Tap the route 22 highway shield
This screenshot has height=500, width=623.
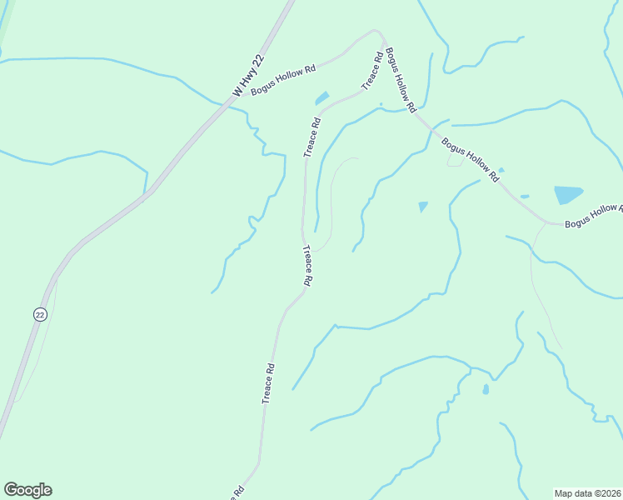(x=40, y=314)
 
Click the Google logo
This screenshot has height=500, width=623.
(x=27, y=490)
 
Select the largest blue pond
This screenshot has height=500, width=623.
(x=568, y=195)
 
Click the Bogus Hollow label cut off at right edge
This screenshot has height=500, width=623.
(x=592, y=215)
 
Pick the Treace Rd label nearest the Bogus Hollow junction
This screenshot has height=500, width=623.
(x=372, y=70)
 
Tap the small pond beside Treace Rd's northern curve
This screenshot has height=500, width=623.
(x=321, y=98)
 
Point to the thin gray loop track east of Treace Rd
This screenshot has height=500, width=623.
(x=332, y=200)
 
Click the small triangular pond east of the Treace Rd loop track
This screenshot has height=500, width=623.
(x=422, y=206)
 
